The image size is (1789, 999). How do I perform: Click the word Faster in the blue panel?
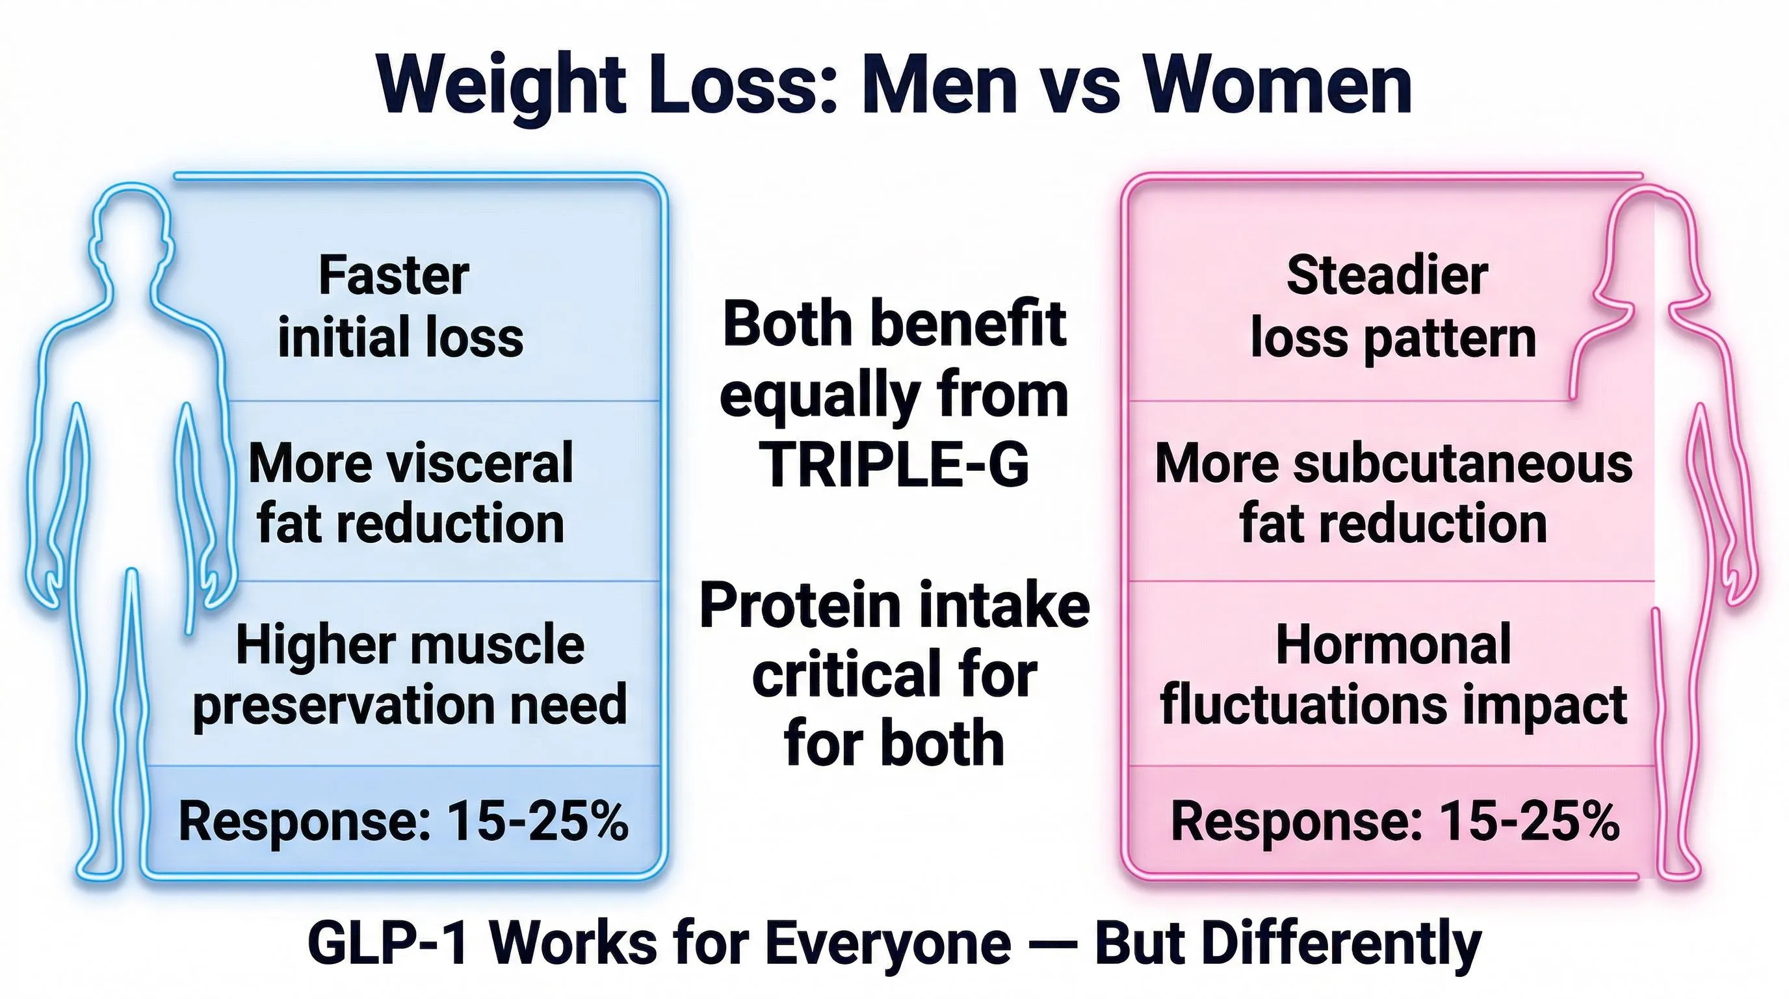[x=394, y=276]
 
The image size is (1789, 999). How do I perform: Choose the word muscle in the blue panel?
[x=498, y=645]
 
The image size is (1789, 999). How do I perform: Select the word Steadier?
[x=1387, y=276]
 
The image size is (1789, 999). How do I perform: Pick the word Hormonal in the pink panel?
[x=1393, y=645]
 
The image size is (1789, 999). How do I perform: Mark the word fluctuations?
[x=1305, y=705]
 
